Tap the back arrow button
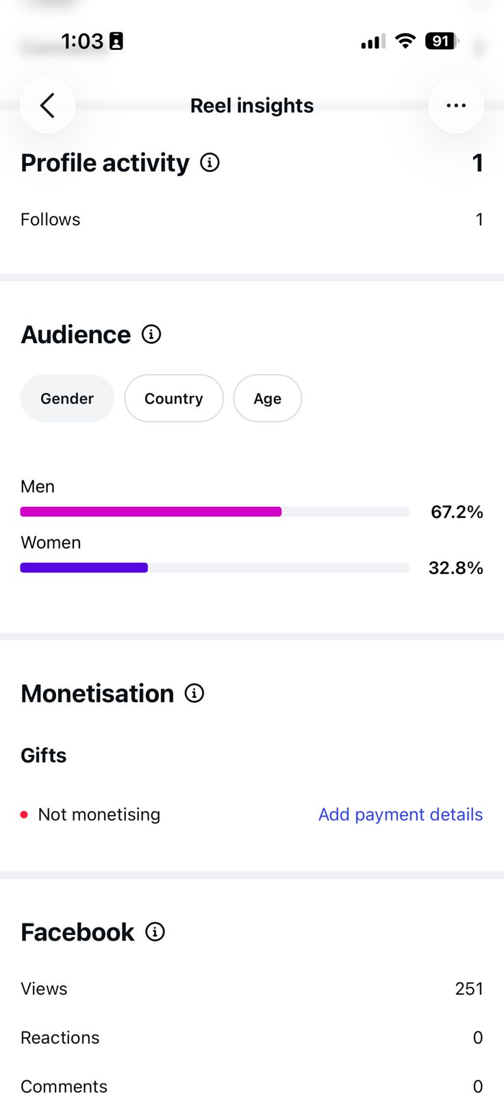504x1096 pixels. tap(47, 105)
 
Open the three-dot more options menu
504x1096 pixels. tap(456, 105)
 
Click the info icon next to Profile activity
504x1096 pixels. tap(210, 162)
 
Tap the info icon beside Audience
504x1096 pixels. tap(151, 335)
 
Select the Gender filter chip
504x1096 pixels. tap(67, 398)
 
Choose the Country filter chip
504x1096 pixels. tap(174, 398)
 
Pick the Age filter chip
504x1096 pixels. tap(268, 398)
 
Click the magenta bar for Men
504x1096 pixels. tap(151, 512)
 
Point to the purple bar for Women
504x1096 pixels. tap(84, 568)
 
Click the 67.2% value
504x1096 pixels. tap(457, 512)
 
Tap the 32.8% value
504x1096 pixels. tap(456, 568)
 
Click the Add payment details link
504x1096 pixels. tap(401, 814)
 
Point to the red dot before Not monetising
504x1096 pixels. tap(24, 814)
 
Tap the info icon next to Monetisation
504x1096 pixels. tap(194, 693)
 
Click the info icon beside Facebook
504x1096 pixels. tap(155, 932)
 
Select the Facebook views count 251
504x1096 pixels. tap(469, 989)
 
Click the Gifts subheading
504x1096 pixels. tap(44, 756)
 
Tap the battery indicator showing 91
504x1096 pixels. tap(442, 41)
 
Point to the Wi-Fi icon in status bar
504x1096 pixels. tap(405, 41)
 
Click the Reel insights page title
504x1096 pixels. tap(252, 105)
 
